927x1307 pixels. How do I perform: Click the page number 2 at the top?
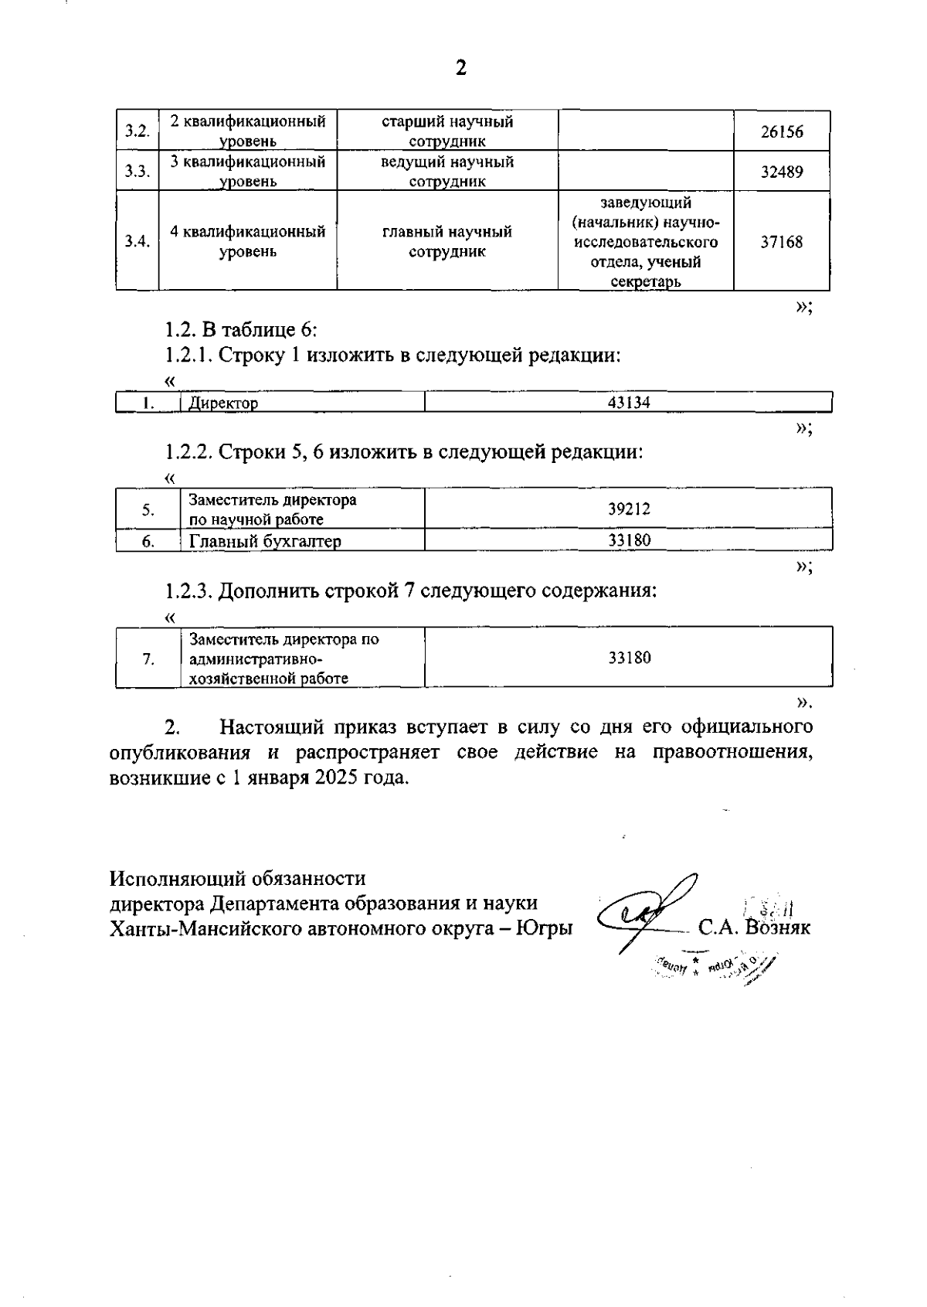click(461, 69)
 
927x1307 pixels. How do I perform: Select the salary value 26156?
click(781, 131)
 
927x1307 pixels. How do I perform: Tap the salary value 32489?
click(781, 172)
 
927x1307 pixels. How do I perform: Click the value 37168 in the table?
click(781, 242)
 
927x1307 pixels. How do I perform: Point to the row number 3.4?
click(138, 241)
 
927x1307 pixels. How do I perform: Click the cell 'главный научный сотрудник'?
click(447, 242)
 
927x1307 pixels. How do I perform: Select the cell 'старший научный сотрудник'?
click(447, 131)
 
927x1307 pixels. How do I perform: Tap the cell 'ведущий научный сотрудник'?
click(447, 172)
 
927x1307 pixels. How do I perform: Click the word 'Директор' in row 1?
click(224, 403)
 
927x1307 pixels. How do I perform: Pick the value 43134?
click(629, 403)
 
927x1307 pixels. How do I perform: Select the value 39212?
click(629, 509)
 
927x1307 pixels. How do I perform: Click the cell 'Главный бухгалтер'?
click(265, 541)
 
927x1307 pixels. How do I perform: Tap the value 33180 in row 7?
click(629, 658)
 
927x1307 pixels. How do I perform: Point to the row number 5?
click(148, 509)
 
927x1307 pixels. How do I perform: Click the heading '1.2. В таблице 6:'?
click(241, 330)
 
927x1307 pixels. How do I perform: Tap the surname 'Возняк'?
click(779, 927)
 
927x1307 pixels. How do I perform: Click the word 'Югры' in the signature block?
click(545, 927)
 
